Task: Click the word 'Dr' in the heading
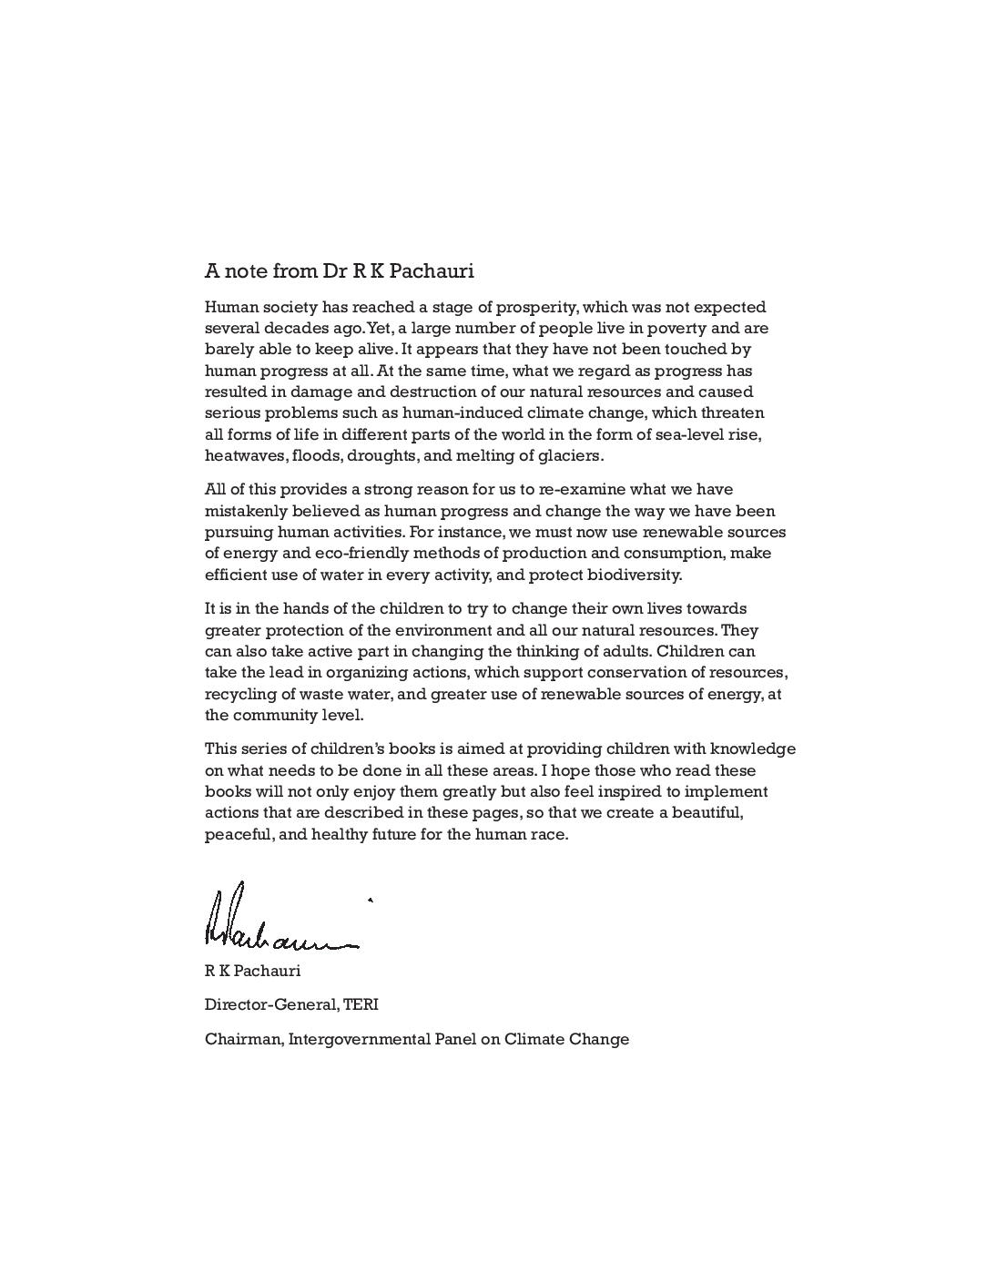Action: tap(333, 270)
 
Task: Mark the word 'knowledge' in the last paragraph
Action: tap(752, 748)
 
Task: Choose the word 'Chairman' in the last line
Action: tap(242, 1039)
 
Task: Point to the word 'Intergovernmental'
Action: tap(361, 1039)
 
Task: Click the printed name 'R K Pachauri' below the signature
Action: tap(252, 971)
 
